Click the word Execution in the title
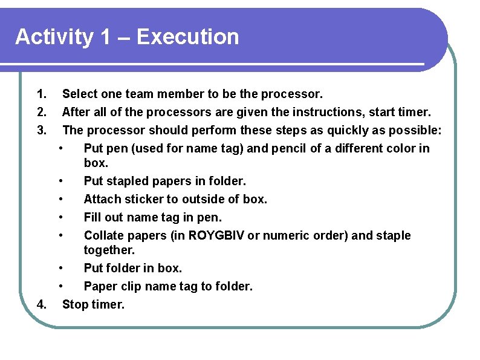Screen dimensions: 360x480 tap(188, 37)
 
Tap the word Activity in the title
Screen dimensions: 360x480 tap(54, 37)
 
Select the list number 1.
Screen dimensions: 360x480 tap(41, 94)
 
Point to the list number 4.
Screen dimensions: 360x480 tap(41, 304)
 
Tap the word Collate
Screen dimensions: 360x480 tap(103, 235)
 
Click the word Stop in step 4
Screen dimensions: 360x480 tap(75, 304)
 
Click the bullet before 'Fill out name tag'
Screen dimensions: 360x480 tap(61, 217)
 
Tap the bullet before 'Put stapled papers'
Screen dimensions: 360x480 tap(61, 181)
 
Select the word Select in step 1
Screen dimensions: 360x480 tap(80, 94)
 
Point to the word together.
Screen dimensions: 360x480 tap(108, 250)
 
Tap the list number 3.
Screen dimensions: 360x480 tap(41, 130)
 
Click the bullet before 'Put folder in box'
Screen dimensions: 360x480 tap(61, 268)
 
